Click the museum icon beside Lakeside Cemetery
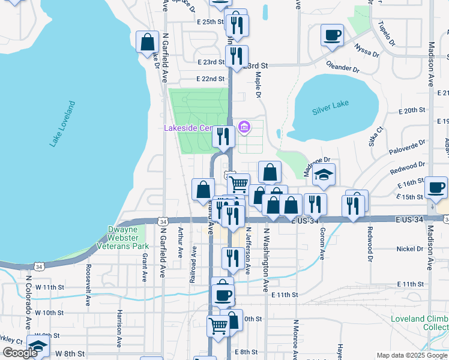(244, 127)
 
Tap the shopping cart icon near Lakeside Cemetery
(238, 183)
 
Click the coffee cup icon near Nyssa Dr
(331, 35)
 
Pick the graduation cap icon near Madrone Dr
(324, 175)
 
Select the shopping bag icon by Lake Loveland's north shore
(147, 42)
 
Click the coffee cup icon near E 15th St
(435, 187)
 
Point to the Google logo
(20, 353)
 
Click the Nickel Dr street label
(410, 248)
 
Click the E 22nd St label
(210, 79)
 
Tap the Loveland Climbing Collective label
(420, 322)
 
